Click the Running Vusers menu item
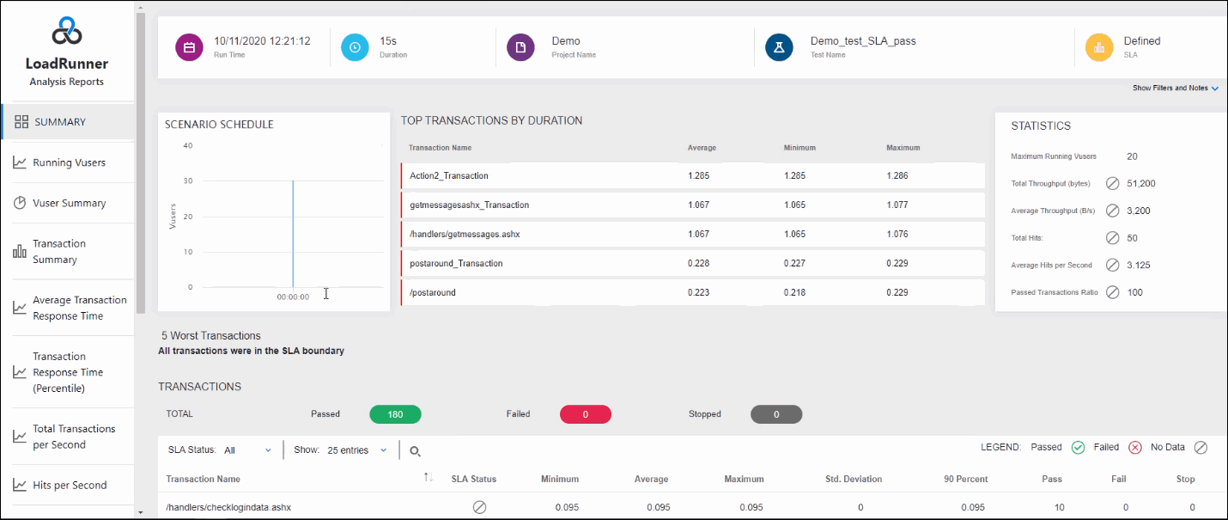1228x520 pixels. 69,162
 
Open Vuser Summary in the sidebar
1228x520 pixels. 69,203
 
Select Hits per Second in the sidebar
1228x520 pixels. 69,485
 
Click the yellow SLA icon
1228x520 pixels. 1099,47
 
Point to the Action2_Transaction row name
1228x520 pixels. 449,175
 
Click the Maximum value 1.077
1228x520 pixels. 898,205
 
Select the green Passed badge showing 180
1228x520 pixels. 395,414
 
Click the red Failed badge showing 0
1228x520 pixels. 585,414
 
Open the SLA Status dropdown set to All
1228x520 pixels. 247,450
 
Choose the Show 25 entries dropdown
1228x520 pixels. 357,450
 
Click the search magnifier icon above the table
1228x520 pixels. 415,451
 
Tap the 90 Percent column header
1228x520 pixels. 964,479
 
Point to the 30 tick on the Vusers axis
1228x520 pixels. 187,181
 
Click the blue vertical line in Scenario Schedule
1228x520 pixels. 293,232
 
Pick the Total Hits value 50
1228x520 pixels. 1133,238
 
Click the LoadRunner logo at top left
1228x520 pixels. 67,33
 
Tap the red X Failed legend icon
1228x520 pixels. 1134,447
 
